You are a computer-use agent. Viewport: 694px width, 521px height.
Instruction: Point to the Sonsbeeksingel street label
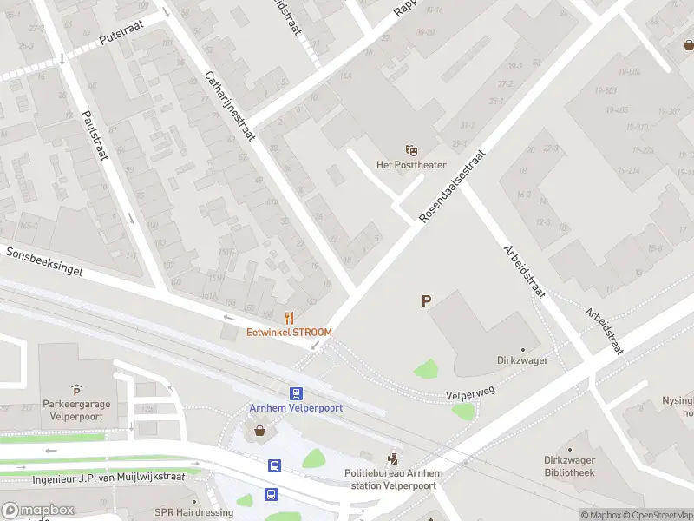point(43,261)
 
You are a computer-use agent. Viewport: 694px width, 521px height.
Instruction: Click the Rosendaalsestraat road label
point(452,186)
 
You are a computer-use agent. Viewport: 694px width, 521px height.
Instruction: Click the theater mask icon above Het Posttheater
point(411,151)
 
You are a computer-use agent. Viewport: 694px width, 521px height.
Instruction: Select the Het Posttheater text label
point(411,165)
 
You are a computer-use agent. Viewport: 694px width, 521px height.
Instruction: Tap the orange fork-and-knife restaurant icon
point(290,318)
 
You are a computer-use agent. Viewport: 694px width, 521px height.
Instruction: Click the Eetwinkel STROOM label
point(289,332)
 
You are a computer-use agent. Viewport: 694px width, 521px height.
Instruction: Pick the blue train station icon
point(296,393)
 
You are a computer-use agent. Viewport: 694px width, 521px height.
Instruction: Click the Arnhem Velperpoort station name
point(296,408)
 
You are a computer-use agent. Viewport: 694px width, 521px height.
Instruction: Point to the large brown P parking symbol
point(426,301)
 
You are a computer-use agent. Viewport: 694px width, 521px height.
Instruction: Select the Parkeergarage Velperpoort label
point(76,409)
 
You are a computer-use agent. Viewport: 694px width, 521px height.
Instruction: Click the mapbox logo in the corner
point(37,510)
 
